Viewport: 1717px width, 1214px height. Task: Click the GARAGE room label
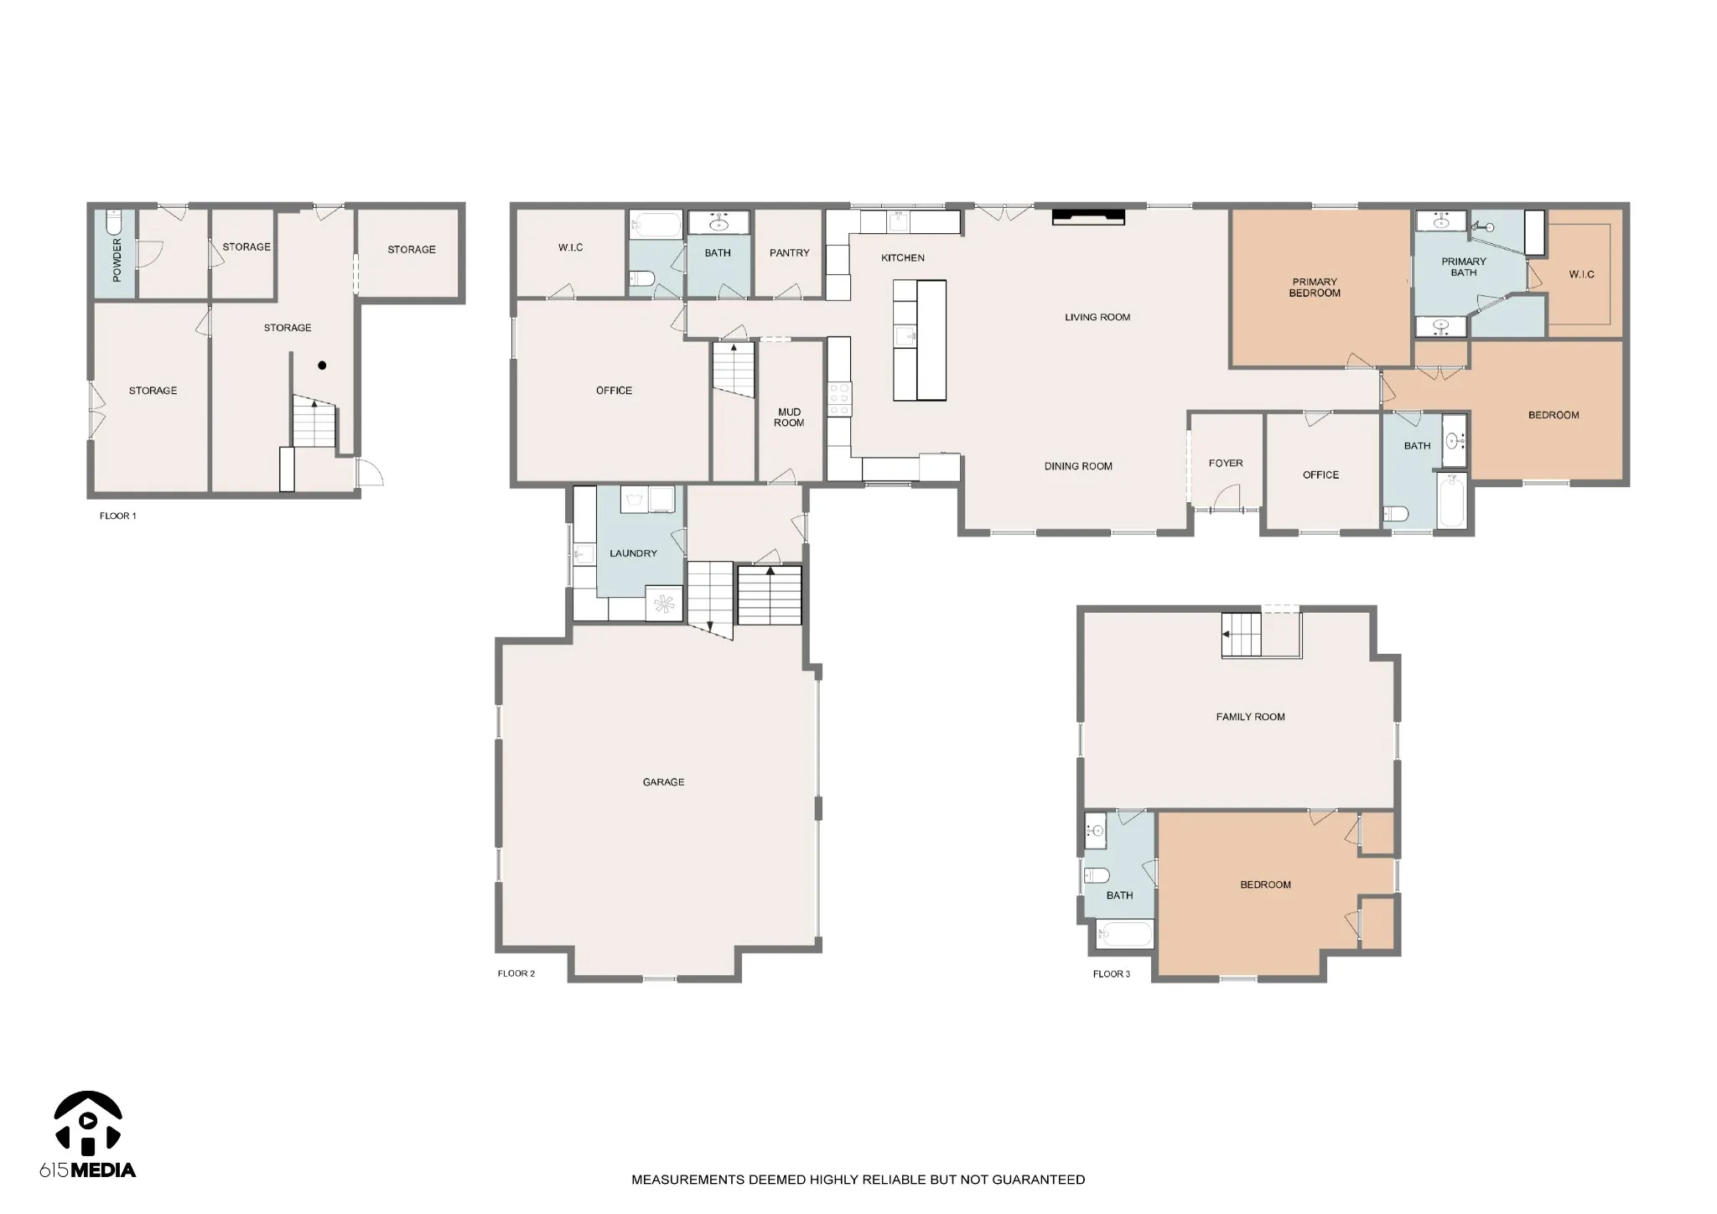(x=663, y=782)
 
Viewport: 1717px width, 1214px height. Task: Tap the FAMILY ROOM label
(x=1250, y=717)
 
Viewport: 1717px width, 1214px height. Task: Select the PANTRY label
(x=789, y=252)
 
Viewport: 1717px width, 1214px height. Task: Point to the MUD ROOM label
(x=789, y=418)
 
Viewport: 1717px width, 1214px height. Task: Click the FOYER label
(x=1226, y=463)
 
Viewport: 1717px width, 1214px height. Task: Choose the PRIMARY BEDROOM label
(x=1315, y=288)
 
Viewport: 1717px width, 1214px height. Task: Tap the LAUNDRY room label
(x=633, y=553)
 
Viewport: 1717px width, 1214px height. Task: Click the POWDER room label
(x=117, y=259)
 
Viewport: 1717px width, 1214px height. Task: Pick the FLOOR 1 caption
(x=117, y=516)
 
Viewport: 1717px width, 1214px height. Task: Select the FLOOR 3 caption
(x=1111, y=973)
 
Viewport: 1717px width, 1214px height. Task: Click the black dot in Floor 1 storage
(x=322, y=366)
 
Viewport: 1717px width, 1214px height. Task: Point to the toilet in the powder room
(x=115, y=222)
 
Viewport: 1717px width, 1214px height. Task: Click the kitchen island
(x=919, y=340)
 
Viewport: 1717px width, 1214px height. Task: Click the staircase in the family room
(x=1241, y=636)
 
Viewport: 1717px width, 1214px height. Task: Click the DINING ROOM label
(x=1078, y=466)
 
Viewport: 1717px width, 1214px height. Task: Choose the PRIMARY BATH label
(x=1463, y=267)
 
